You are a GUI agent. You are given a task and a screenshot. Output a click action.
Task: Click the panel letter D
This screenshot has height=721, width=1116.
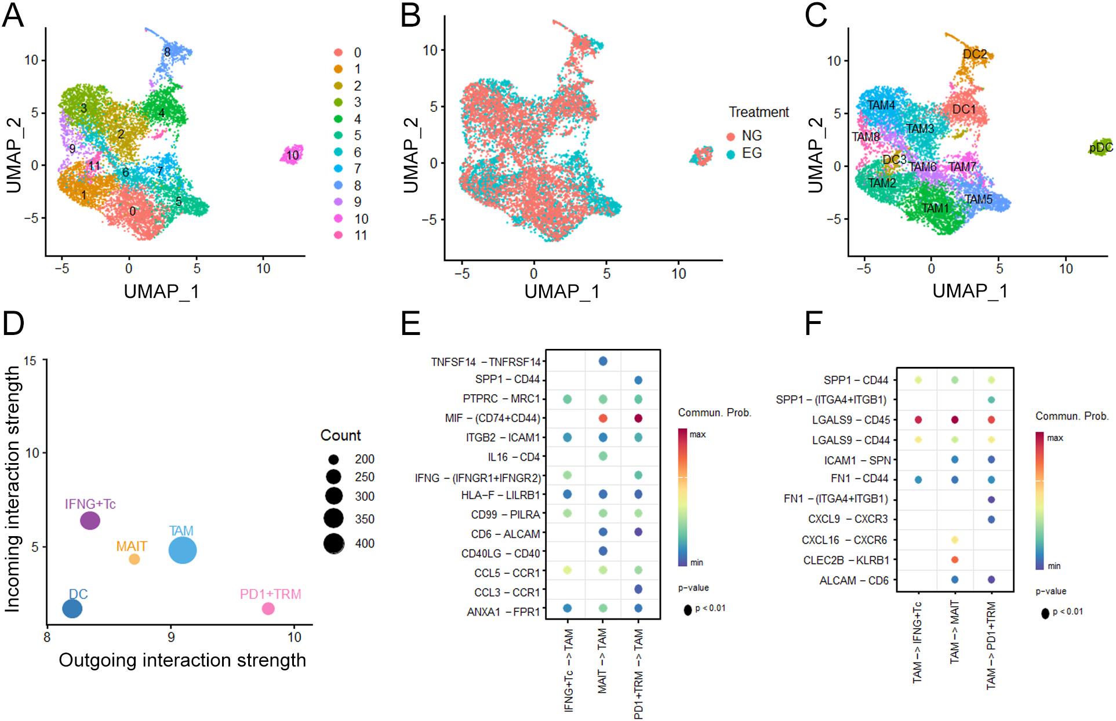tap(14, 324)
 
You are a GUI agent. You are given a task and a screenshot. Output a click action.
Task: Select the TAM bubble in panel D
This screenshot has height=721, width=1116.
tap(183, 550)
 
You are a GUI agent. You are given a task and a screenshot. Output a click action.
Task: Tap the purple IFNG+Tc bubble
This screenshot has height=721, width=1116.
tap(90, 520)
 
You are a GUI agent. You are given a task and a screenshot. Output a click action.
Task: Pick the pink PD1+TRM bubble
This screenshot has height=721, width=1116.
tap(268, 609)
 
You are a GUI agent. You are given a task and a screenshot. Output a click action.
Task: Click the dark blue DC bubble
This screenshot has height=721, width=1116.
tap(72, 609)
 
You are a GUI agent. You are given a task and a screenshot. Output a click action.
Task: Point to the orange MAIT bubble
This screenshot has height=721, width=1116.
tap(134, 559)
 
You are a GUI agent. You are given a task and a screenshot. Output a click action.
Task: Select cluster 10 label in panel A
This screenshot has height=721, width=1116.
tap(292, 155)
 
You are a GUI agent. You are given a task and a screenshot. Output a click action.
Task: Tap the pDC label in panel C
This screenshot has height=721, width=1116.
tap(1100, 147)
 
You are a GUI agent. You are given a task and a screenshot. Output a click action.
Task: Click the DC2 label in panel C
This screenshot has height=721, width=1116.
tap(975, 54)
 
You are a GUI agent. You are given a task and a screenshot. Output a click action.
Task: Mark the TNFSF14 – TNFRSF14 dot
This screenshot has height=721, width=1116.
tap(603, 361)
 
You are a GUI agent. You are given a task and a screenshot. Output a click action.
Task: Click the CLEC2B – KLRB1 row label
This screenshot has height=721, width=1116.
tap(846, 560)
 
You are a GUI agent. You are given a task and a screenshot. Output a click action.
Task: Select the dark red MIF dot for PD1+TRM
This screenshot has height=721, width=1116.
tap(638, 418)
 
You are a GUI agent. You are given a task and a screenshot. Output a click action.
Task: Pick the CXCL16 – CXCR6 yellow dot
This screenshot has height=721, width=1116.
tap(955, 540)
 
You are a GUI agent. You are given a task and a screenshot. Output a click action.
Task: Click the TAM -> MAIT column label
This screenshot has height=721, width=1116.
tap(954, 632)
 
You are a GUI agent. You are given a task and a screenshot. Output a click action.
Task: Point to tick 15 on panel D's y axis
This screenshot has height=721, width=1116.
tap(30, 361)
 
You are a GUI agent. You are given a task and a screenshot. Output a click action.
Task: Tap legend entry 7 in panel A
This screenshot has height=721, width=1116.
tap(358, 169)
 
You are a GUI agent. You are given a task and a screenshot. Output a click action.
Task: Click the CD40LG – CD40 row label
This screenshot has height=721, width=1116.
tap(500, 554)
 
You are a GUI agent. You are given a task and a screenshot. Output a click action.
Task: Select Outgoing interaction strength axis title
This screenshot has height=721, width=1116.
tap(182, 660)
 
